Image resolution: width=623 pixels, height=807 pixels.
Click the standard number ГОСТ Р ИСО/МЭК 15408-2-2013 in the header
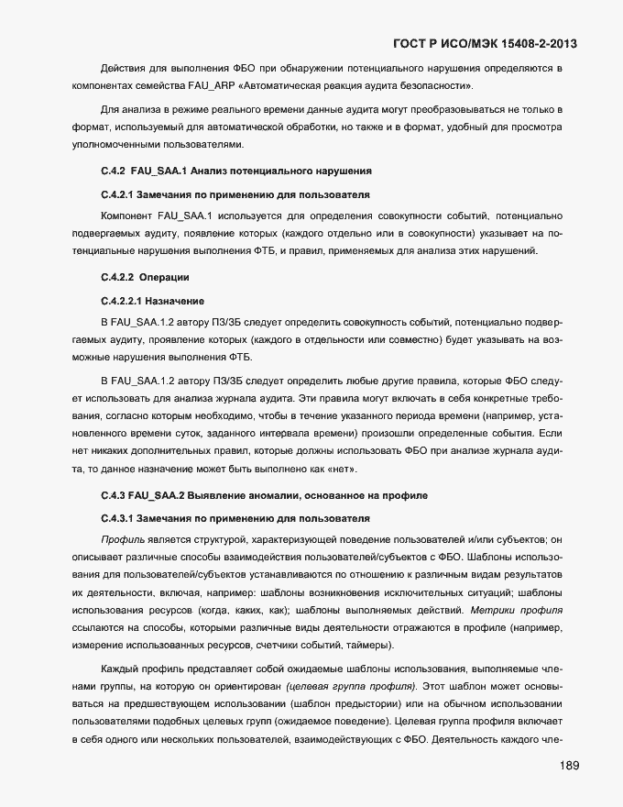coord(486,43)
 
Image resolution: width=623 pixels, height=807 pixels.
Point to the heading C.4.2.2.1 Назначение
coord(151,301)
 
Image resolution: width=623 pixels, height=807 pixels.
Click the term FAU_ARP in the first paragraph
coord(224,86)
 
